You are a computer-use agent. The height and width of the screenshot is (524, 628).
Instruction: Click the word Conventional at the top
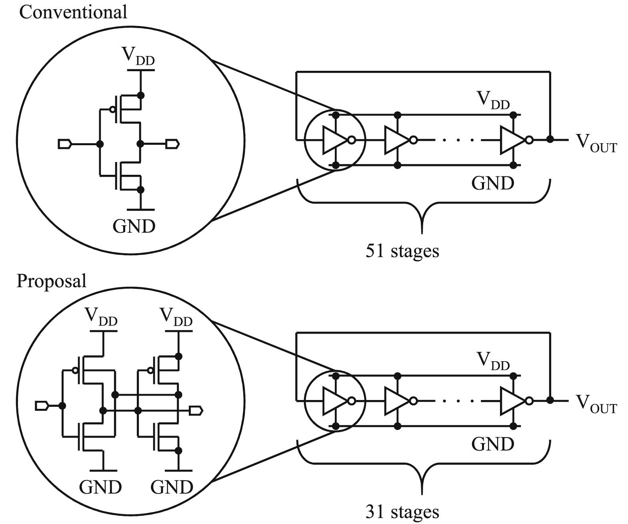(x=73, y=12)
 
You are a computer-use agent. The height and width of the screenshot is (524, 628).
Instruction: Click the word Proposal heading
(x=51, y=281)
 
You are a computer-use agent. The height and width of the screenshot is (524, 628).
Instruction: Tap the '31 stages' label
(x=402, y=512)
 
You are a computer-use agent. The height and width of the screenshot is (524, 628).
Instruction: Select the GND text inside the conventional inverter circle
(x=134, y=226)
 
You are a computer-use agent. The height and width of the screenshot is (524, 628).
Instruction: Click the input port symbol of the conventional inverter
(x=65, y=144)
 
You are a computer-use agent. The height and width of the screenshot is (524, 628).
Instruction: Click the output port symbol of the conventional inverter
(x=173, y=144)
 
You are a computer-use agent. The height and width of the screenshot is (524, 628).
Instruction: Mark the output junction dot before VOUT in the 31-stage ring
(x=550, y=400)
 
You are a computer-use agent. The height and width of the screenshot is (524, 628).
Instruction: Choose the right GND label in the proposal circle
(x=172, y=487)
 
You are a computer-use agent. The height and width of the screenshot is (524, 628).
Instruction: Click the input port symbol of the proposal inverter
(x=42, y=406)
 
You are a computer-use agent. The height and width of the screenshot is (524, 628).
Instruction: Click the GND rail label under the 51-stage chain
(x=492, y=183)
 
